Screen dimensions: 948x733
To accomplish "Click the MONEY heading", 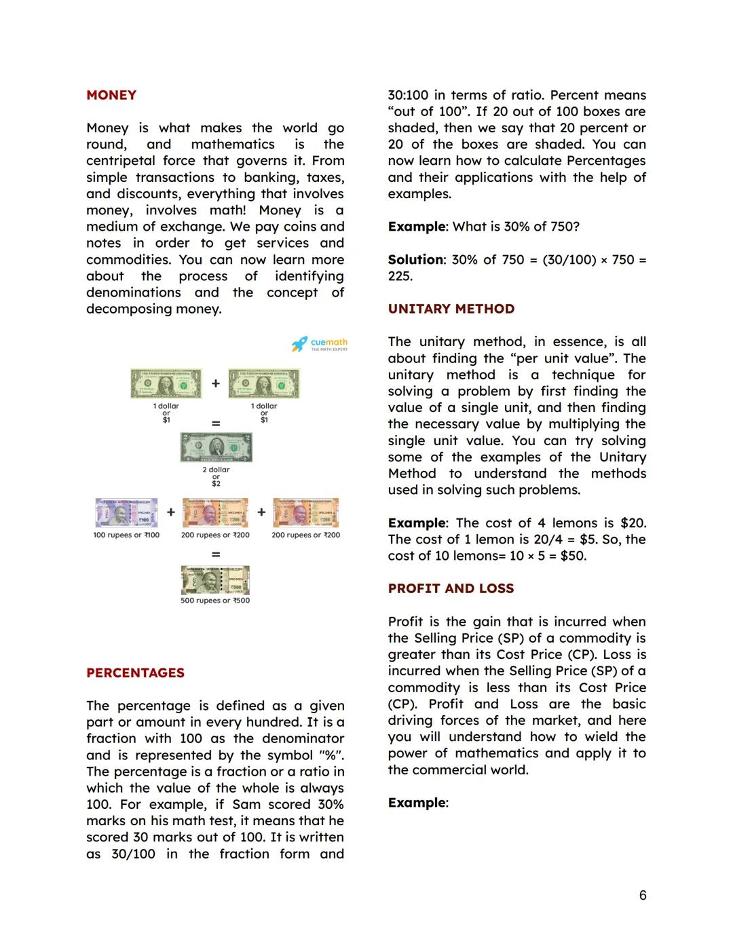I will (x=111, y=95).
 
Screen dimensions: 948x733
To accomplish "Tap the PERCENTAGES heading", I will (x=135, y=672).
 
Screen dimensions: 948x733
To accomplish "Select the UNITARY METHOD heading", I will (x=451, y=309).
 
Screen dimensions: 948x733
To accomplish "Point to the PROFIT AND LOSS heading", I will (x=451, y=588).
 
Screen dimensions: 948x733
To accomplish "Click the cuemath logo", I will (x=320, y=344).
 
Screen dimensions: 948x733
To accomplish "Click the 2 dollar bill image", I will (x=216, y=448).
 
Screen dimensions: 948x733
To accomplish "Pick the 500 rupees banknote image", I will (x=215, y=580).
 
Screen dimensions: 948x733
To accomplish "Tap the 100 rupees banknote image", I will (x=126, y=513).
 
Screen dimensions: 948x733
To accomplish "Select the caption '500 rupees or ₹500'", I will (x=215, y=601).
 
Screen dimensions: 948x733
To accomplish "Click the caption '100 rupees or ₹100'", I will (x=126, y=535).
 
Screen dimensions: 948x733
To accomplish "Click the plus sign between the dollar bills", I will (x=216, y=383).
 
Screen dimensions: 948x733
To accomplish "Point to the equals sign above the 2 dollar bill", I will (x=216, y=423).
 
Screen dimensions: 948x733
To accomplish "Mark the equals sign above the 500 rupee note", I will (x=216, y=554).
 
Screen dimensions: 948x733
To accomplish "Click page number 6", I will (x=643, y=895).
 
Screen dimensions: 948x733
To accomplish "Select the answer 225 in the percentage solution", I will (x=399, y=276).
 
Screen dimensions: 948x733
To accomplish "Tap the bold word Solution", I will (x=415, y=260).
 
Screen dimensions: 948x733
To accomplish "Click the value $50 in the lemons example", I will (x=572, y=556).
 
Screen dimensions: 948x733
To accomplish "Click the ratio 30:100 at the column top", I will (x=408, y=95).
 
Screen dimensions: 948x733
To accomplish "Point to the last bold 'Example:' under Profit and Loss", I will (x=418, y=803).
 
